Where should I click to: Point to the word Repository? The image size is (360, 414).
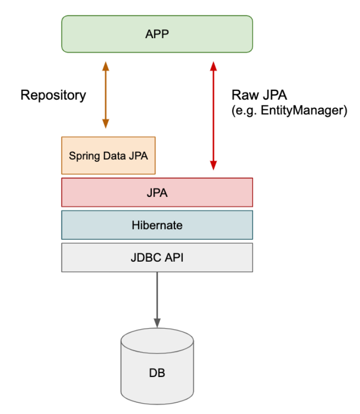(x=53, y=95)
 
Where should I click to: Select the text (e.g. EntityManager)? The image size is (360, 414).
(x=289, y=110)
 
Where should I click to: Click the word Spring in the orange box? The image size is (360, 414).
(x=80, y=156)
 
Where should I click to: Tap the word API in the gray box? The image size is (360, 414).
(x=174, y=257)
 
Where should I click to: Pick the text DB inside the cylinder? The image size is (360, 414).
(x=157, y=373)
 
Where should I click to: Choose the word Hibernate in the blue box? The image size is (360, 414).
(x=157, y=225)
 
